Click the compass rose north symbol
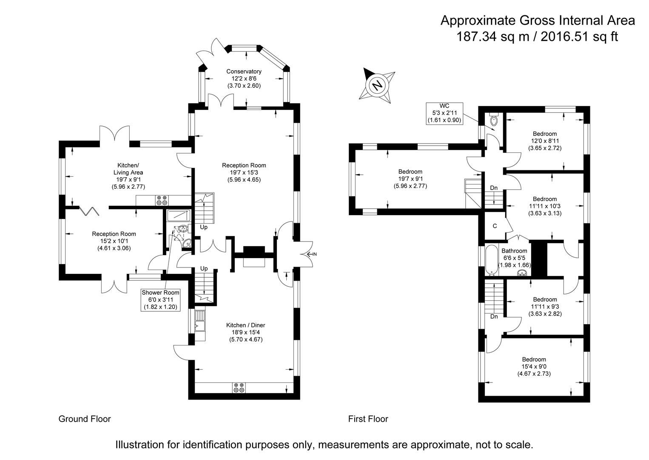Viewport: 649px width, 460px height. coord(377,86)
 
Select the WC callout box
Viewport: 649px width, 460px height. coord(444,113)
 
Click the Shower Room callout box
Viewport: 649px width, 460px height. coord(160,299)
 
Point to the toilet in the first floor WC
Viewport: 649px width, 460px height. coord(493,120)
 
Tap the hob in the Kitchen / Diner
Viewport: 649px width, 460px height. coord(239,388)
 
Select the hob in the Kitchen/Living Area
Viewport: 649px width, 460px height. coord(162,200)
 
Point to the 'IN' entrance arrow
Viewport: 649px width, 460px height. coord(311,254)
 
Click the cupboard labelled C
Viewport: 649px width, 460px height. coord(495,226)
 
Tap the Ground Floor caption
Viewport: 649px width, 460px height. coord(84,419)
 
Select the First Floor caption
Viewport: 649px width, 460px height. coord(368,419)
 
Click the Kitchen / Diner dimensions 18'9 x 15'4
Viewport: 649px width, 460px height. coord(245,332)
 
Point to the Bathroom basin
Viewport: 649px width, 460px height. coord(521,273)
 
